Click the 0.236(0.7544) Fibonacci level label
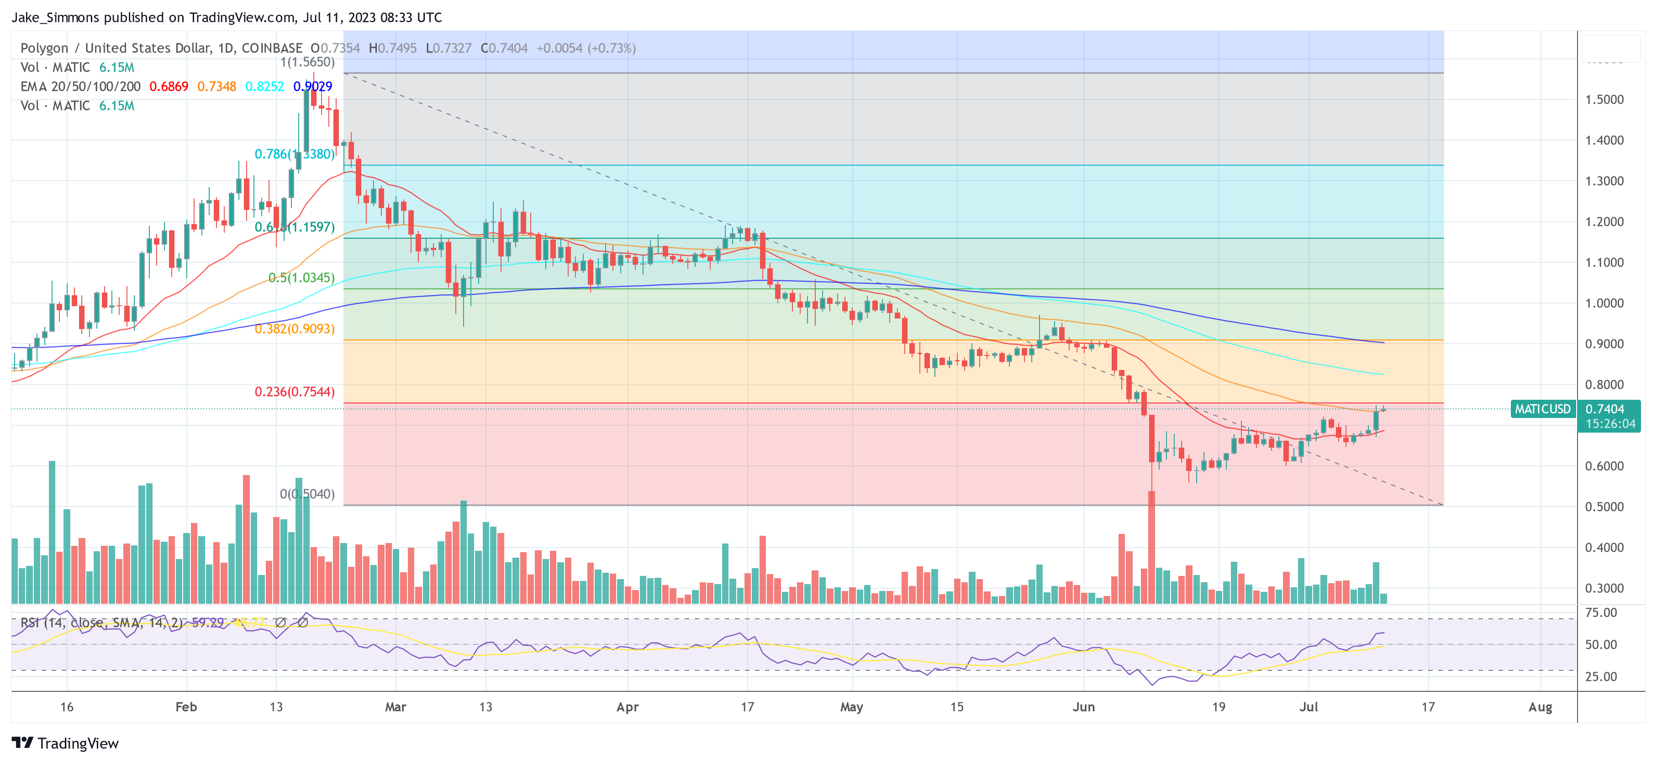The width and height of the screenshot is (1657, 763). pos(294,392)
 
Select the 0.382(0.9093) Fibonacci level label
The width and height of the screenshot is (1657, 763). pos(294,329)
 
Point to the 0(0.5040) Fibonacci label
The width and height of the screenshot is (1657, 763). pos(307,494)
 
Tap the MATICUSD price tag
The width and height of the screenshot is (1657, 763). pos(1542,409)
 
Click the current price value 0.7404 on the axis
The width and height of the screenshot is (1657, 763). pos(1604,409)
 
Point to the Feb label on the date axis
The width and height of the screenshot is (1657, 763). pos(186,707)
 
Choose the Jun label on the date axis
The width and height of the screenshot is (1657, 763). pos(1083,707)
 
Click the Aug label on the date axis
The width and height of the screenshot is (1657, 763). pos(1540,707)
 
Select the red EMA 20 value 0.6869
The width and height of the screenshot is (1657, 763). pos(169,86)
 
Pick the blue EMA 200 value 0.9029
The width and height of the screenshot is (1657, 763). pos(312,86)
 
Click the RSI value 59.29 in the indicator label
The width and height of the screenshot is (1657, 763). pos(208,622)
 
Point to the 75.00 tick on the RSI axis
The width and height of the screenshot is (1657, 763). pos(1601,612)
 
